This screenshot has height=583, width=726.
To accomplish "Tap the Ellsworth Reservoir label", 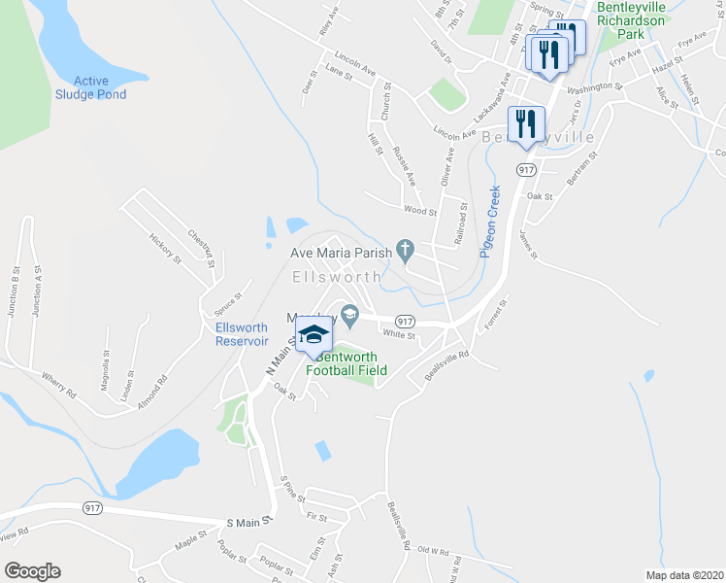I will (242, 334).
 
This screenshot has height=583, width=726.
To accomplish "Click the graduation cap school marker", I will (313, 336).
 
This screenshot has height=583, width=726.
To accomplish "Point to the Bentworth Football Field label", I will (346, 363).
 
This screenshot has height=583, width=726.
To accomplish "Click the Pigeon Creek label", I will (488, 221).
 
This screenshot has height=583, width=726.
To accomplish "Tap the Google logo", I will (31, 571).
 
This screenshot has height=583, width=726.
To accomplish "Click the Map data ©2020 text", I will (683, 575).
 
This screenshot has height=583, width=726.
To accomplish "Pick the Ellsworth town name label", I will (337, 277).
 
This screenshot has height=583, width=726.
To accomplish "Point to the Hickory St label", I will (165, 249).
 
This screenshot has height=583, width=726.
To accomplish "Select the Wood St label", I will (420, 210).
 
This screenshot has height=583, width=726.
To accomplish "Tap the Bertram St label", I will (579, 170).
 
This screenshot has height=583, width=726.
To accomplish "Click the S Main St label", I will (246, 522).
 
